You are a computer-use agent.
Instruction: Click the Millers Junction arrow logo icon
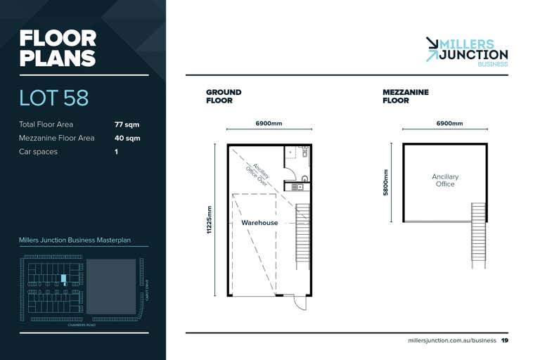(x=432, y=49)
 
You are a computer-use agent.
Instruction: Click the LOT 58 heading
(x=54, y=97)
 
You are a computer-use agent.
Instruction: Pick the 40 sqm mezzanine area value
(x=127, y=138)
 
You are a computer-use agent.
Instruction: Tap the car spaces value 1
(x=116, y=151)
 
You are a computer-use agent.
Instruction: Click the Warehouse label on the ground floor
(x=259, y=223)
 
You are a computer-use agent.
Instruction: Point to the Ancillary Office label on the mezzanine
(x=444, y=181)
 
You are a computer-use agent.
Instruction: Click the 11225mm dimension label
(x=210, y=220)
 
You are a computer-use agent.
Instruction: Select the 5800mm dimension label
(x=385, y=183)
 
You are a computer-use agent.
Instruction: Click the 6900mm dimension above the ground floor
(x=269, y=123)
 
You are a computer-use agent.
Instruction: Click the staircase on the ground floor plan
(x=302, y=235)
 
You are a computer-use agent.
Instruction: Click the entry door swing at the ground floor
(x=300, y=303)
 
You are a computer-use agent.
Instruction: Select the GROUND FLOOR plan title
(x=224, y=96)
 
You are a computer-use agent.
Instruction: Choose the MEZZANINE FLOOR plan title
(x=406, y=96)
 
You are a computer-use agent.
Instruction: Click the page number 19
(x=505, y=341)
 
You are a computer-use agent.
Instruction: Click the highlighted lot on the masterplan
(x=63, y=278)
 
